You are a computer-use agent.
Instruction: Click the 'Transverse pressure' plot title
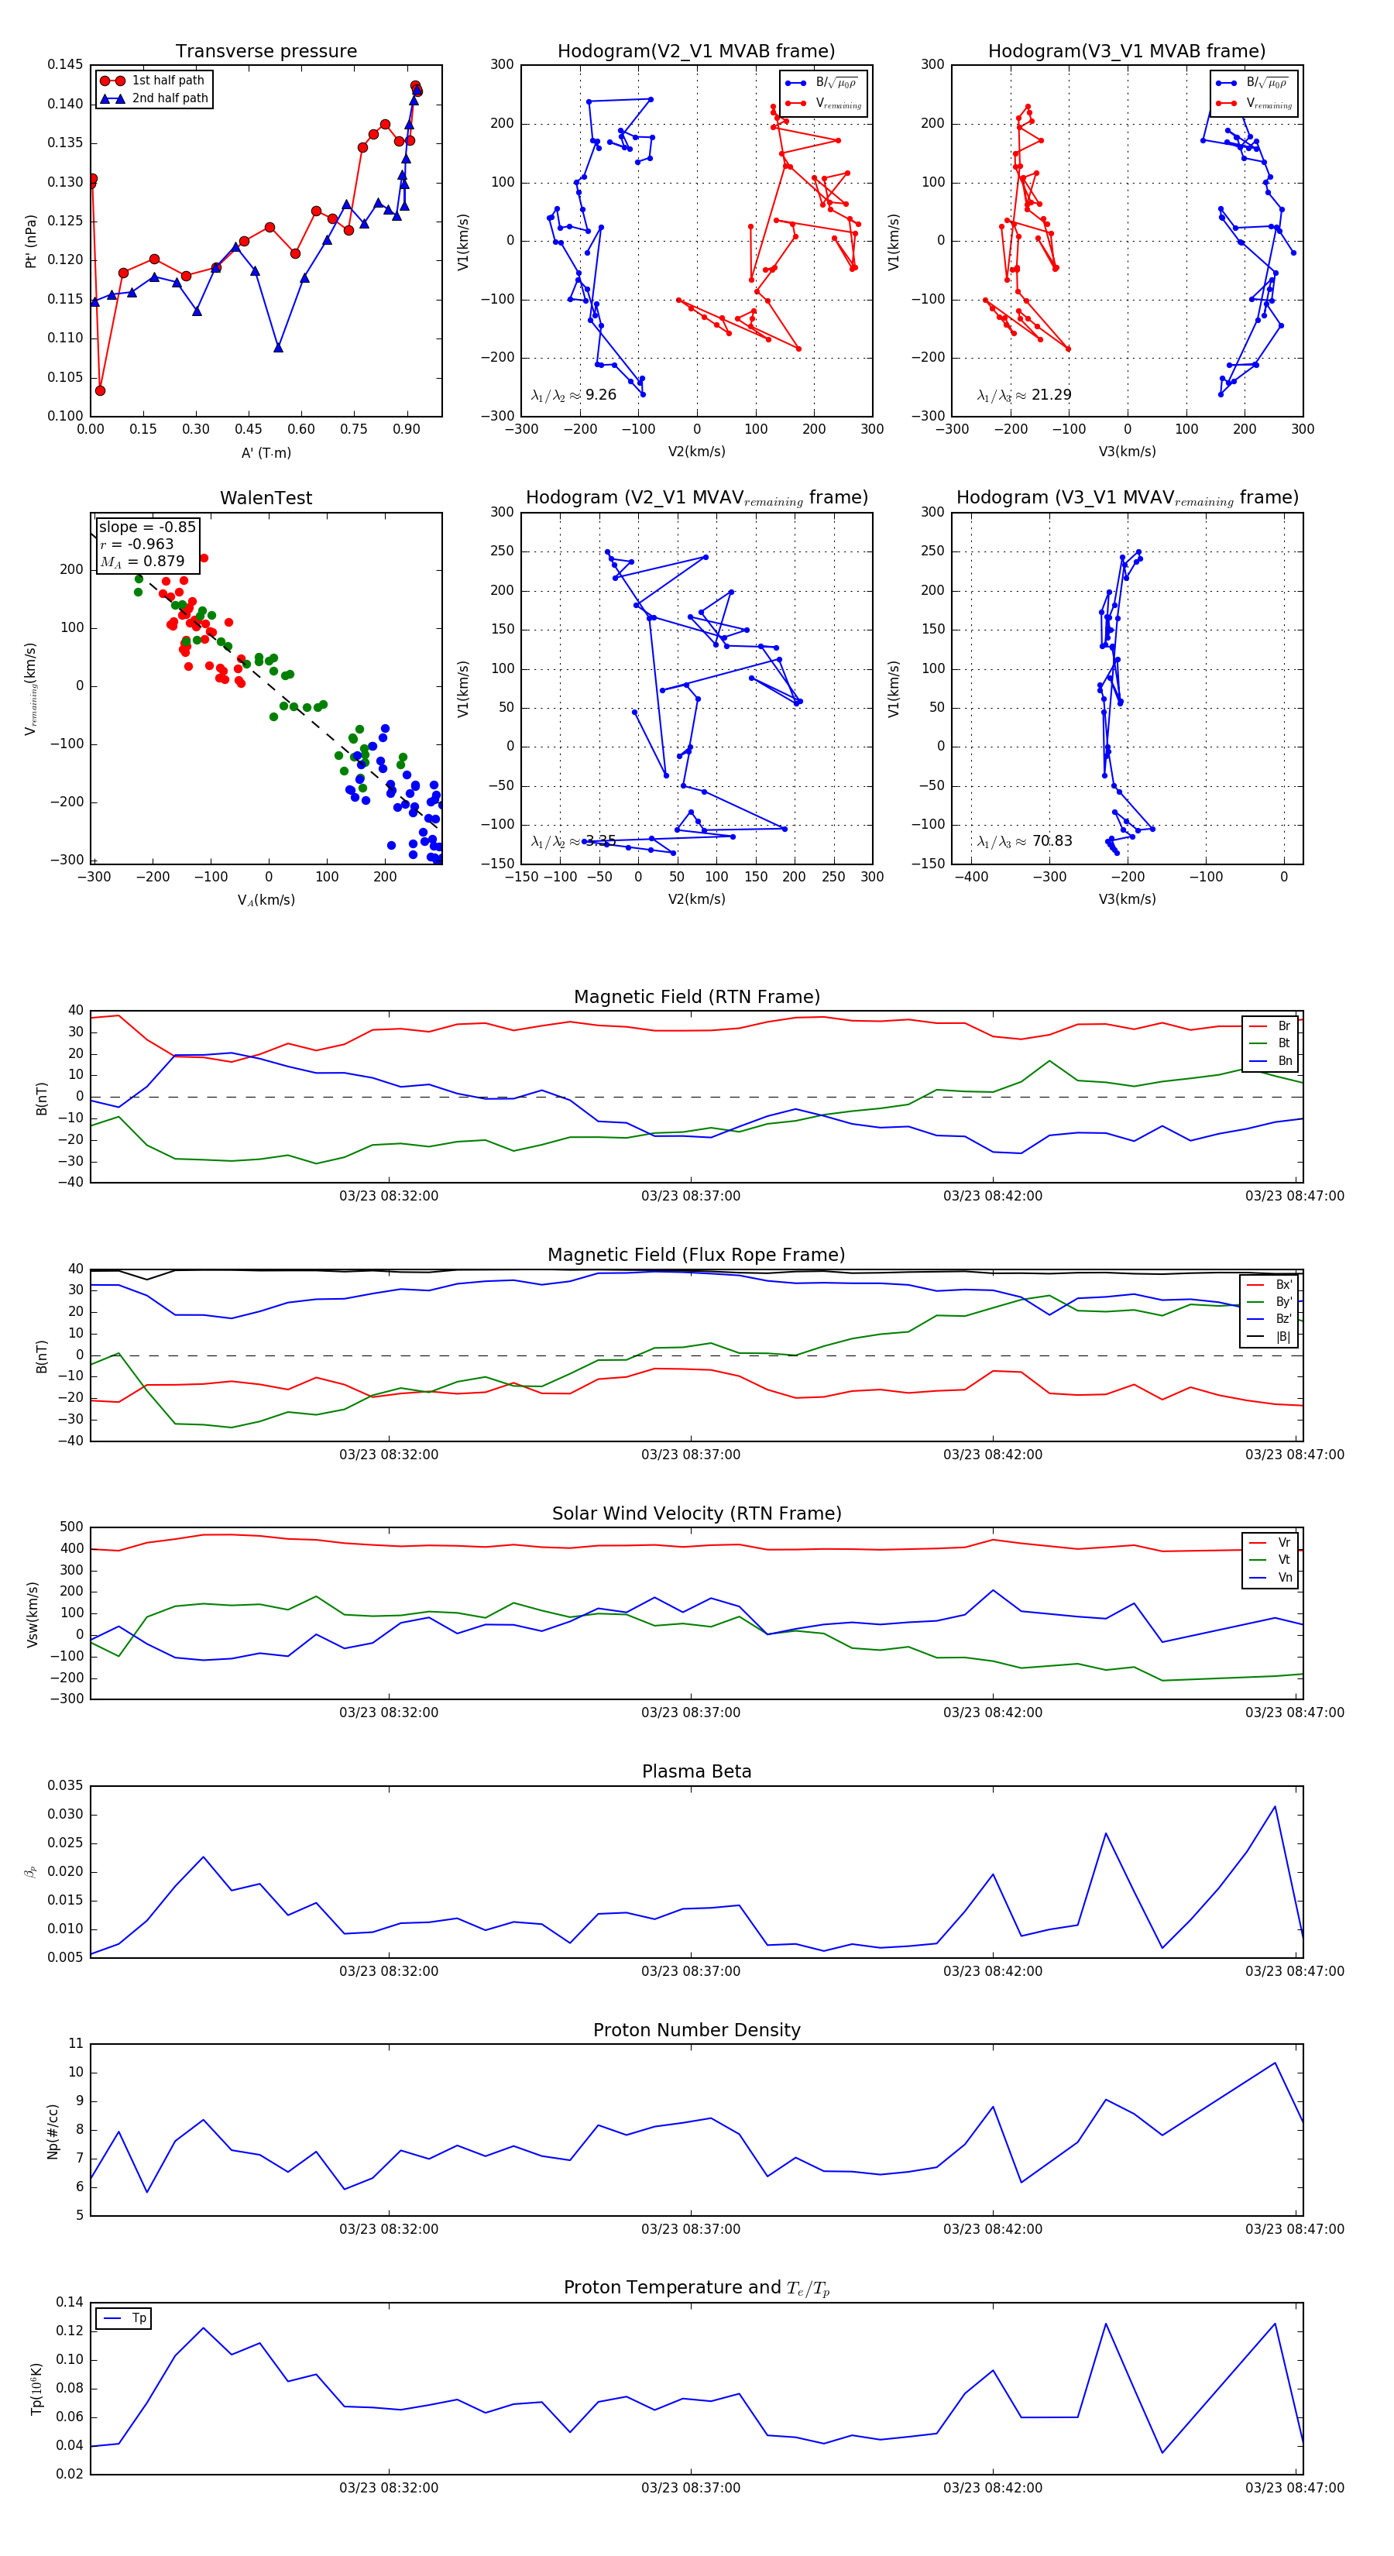click(x=266, y=52)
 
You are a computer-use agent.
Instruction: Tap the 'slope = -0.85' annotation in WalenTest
click(x=147, y=527)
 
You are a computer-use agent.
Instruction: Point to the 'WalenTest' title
click(x=266, y=498)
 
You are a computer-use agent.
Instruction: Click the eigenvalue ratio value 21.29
click(x=1051, y=395)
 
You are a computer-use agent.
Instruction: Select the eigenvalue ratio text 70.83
click(x=1052, y=841)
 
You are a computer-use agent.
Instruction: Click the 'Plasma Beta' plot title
click(x=696, y=1771)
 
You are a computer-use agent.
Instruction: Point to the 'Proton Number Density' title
click(x=696, y=2030)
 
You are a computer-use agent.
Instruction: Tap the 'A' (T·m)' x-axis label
click(x=266, y=452)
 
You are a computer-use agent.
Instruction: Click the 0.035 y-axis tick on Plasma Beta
click(x=66, y=1785)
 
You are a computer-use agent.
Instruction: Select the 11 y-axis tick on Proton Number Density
click(x=75, y=2044)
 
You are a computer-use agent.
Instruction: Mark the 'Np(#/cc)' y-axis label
click(x=53, y=2130)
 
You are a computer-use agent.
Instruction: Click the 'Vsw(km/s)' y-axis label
click(x=33, y=1614)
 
